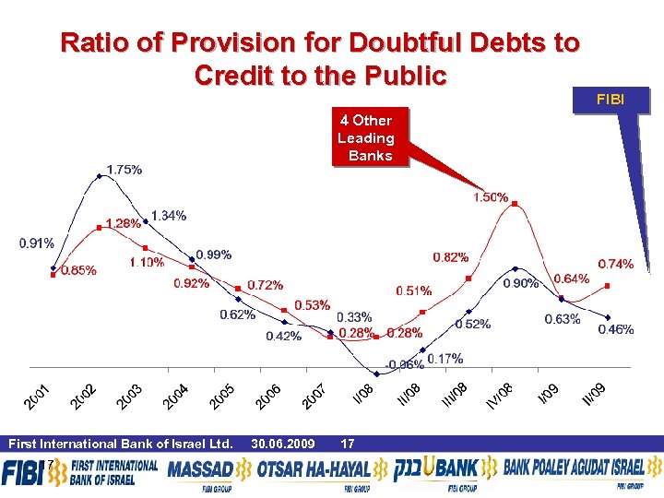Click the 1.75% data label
(125, 170)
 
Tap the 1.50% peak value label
(491, 197)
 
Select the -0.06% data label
(405, 365)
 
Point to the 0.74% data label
(615, 264)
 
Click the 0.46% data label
(615, 329)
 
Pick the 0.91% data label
(36, 243)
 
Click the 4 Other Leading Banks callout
(366, 138)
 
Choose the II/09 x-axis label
(595, 393)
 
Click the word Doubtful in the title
(402, 42)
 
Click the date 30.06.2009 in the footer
(282, 445)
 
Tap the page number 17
(348, 445)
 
